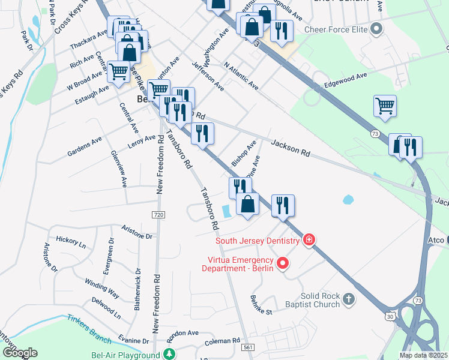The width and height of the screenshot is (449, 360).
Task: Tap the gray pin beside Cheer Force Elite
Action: pyautogui.click(x=376, y=28)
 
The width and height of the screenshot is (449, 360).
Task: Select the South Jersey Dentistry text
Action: pyautogui.click(x=258, y=241)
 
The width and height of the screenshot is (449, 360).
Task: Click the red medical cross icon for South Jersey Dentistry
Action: pyautogui.click(x=309, y=240)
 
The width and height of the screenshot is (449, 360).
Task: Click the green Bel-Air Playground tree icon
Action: pyautogui.click(x=170, y=355)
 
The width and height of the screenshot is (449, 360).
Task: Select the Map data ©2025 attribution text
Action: pyautogui.click(x=423, y=355)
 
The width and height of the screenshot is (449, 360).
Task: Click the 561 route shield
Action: pyautogui.click(x=247, y=347)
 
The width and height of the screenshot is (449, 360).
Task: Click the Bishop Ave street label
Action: pyautogui.click(x=244, y=154)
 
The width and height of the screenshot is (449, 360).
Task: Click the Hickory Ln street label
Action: pyautogui.click(x=71, y=242)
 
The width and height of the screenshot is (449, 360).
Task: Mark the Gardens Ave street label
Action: pyautogui.click(x=85, y=146)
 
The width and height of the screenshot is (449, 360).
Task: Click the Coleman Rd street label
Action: pyautogui.click(x=221, y=341)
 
